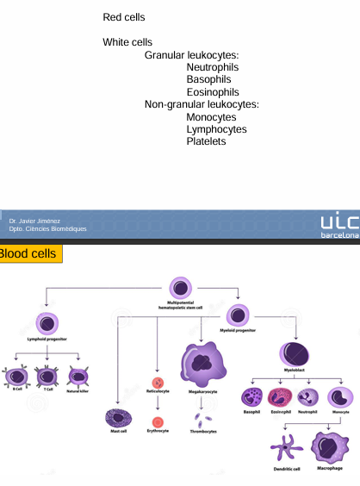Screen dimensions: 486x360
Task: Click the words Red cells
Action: click(x=123, y=17)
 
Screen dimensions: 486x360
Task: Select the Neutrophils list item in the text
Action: click(x=212, y=67)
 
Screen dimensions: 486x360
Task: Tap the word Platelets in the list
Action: click(x=206, y=141)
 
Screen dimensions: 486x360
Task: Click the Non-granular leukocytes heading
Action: click(x=202, y=104)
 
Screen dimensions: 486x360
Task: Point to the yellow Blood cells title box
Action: click(x=29, y=253)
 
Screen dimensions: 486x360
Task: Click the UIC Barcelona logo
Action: click(x=338, y=226)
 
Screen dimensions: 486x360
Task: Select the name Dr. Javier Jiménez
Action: click(x=34, y=221)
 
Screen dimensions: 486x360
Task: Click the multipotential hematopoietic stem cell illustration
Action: click(x=181, y=289)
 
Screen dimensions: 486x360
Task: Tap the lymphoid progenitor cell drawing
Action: click(x=47, y=324)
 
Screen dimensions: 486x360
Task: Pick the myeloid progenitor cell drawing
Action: click(x=238, y=315)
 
